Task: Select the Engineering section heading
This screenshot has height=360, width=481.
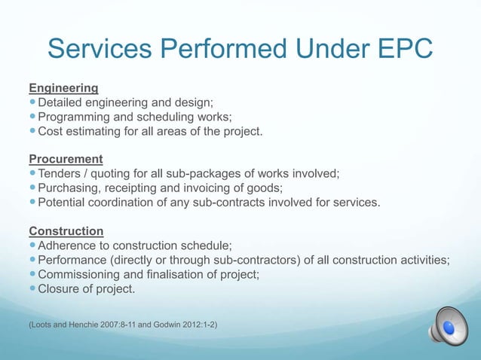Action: pyautogui.click(x=63, y=88)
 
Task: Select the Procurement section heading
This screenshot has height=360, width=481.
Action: pyautogui.click(x=66, y=159)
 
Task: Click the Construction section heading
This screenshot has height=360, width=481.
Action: pyautogui.click(x=66, y=230)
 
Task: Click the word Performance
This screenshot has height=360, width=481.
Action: pyautogui.click(x=75, y=259)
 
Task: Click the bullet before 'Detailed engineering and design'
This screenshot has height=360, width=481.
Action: pyautogui.click(x=32, y=102)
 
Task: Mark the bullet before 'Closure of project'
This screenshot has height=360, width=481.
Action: pyautogui.click(x=32, y=288)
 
